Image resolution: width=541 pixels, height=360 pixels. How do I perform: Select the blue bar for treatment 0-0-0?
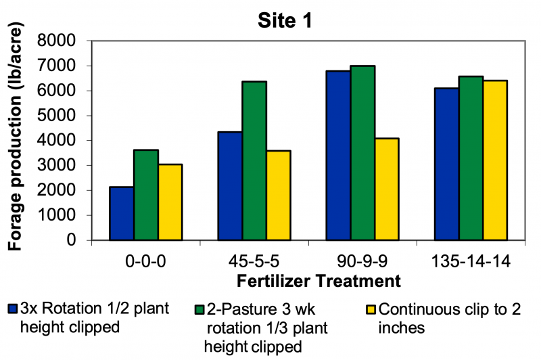click(x=121, y=213)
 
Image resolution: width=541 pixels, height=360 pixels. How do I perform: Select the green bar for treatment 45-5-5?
click(x=254, y=160)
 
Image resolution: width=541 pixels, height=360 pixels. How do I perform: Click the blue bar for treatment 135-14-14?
click(x=446, y=164)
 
